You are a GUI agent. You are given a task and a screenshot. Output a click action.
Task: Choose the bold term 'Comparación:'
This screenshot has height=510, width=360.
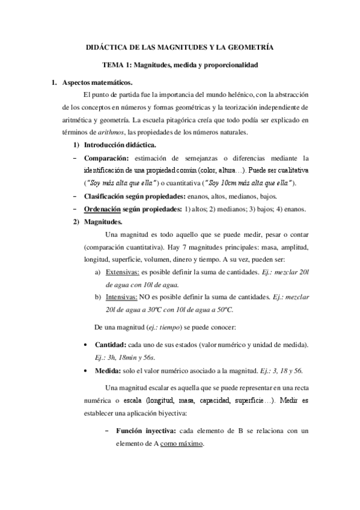[106, 158]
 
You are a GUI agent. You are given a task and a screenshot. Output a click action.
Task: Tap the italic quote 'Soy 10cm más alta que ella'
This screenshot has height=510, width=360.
[249, 183]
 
